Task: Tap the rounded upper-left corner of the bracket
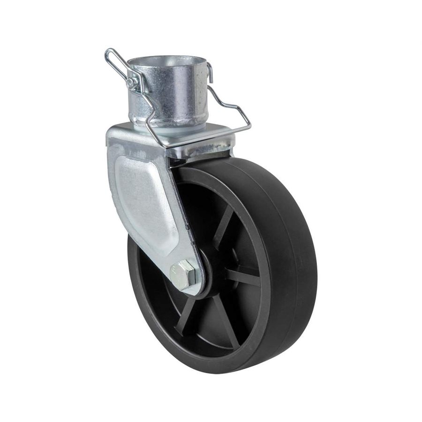click(x=113, y=134)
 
